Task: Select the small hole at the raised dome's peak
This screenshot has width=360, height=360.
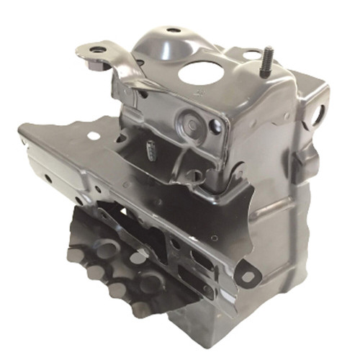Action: tap(174, 31)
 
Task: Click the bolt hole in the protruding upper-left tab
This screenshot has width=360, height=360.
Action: tap(97, 50)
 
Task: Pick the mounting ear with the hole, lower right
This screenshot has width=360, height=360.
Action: tap(248, 276)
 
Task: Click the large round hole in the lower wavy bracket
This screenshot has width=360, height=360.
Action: tap(108, 249)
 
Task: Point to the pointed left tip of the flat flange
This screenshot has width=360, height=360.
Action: tap(21, 130)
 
